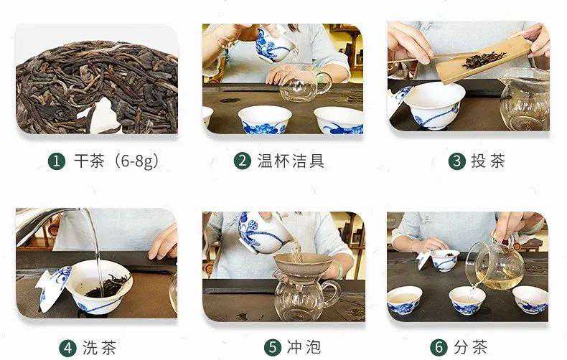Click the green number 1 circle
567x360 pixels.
[57, 161]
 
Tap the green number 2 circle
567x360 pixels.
[243, 161]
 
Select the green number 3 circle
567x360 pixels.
[457, 161]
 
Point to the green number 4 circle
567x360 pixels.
[67, 348]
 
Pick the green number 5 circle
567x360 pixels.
[273, 348]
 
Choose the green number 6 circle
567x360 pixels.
[439, 348]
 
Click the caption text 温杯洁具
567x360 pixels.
[291, 161]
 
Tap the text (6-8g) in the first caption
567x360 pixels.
[136, 161]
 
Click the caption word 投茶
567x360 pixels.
[488, 161]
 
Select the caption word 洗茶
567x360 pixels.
[100, 348]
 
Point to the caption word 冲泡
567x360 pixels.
[304, 348]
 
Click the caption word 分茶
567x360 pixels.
[470, 348]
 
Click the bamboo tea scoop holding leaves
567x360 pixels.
[483, 62]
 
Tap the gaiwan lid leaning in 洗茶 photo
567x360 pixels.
[54, 288]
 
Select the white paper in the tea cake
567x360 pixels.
[103, 116]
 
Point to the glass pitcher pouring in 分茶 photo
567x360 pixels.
[496, 265]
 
